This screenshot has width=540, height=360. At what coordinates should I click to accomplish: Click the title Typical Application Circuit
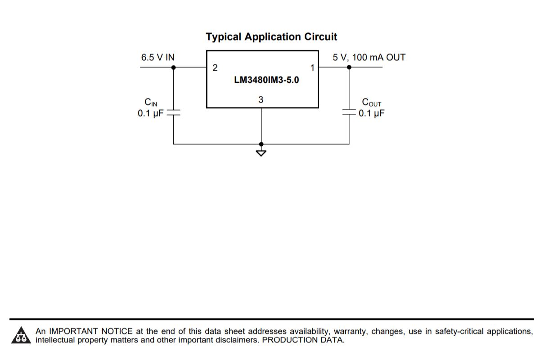click(271, 37)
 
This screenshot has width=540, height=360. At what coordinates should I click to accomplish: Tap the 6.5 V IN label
click(158, 58)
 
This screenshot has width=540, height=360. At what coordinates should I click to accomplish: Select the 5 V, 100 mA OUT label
click(369, 58)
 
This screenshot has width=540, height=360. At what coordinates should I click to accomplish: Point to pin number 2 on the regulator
click(215, 68)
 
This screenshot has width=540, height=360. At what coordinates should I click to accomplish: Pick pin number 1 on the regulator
click(312, 68)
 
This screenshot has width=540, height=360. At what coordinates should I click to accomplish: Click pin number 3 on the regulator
click(261, 99)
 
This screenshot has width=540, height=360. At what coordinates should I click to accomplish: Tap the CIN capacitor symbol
click(174, 112)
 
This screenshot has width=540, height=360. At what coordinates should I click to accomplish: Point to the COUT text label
click(372, 103)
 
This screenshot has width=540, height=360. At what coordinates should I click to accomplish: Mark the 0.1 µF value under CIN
click(151, 113)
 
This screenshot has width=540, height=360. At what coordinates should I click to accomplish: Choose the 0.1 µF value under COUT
click(372, 113)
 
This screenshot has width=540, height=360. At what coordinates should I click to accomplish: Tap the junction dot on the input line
click(174, 67)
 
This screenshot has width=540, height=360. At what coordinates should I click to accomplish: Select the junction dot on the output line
click(349, 67)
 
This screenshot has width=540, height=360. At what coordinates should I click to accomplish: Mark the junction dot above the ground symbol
click(261, 144)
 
